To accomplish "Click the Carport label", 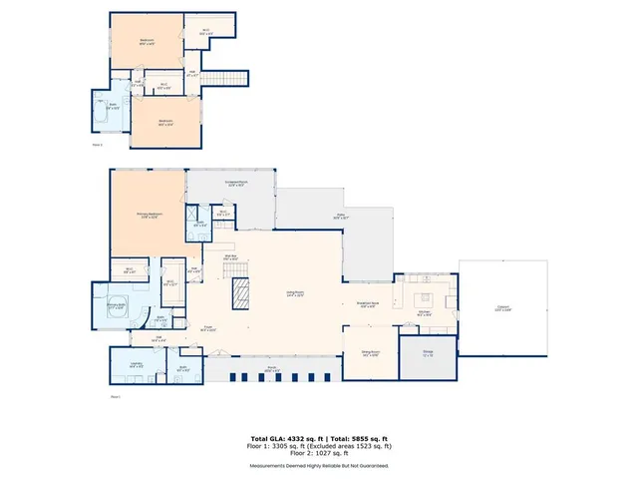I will click(503, 308).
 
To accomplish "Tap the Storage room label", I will click(427, 354).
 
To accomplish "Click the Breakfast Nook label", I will click(367, 306).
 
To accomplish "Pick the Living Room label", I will click(292, 293).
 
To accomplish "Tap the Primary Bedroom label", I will click(149, 216).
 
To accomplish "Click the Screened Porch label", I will click(236, 184).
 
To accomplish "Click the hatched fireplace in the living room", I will click(239, 293).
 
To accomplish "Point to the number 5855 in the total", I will click(356, 438).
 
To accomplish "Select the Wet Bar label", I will click(228, 258).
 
